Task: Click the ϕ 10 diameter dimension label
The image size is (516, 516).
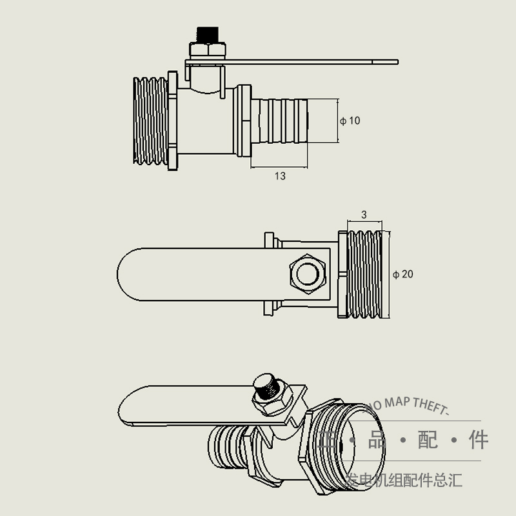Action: pos(350,121)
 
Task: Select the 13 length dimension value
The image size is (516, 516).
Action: pos(279,176)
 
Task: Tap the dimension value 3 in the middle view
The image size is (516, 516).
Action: pos(364,215)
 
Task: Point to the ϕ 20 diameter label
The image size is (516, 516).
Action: pos(403,274)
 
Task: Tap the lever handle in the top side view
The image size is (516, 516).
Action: pos(310,62)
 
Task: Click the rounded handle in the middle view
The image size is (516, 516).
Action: pos(193,274)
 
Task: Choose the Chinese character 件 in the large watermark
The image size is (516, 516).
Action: pos(479,441)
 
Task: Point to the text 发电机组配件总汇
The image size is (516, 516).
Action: pos(404,481)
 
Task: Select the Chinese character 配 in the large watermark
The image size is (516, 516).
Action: pos(428,441)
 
